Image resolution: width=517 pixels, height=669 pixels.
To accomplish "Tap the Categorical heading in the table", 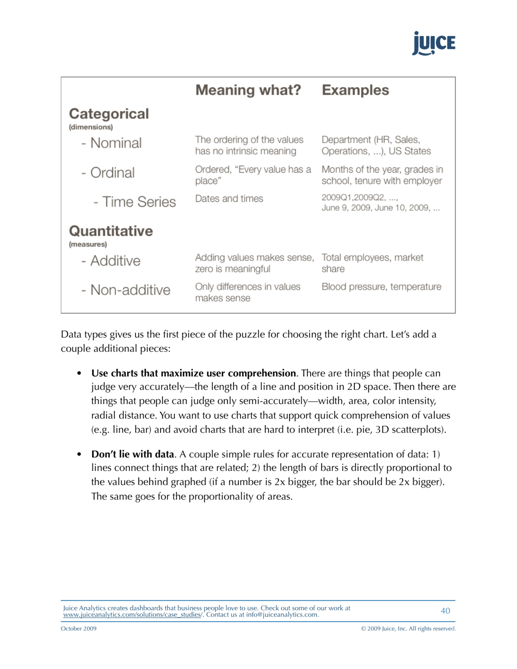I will [108, 115].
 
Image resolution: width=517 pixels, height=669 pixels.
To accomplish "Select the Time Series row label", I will [127, 203].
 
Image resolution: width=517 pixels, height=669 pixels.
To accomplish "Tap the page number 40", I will [445, 611].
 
